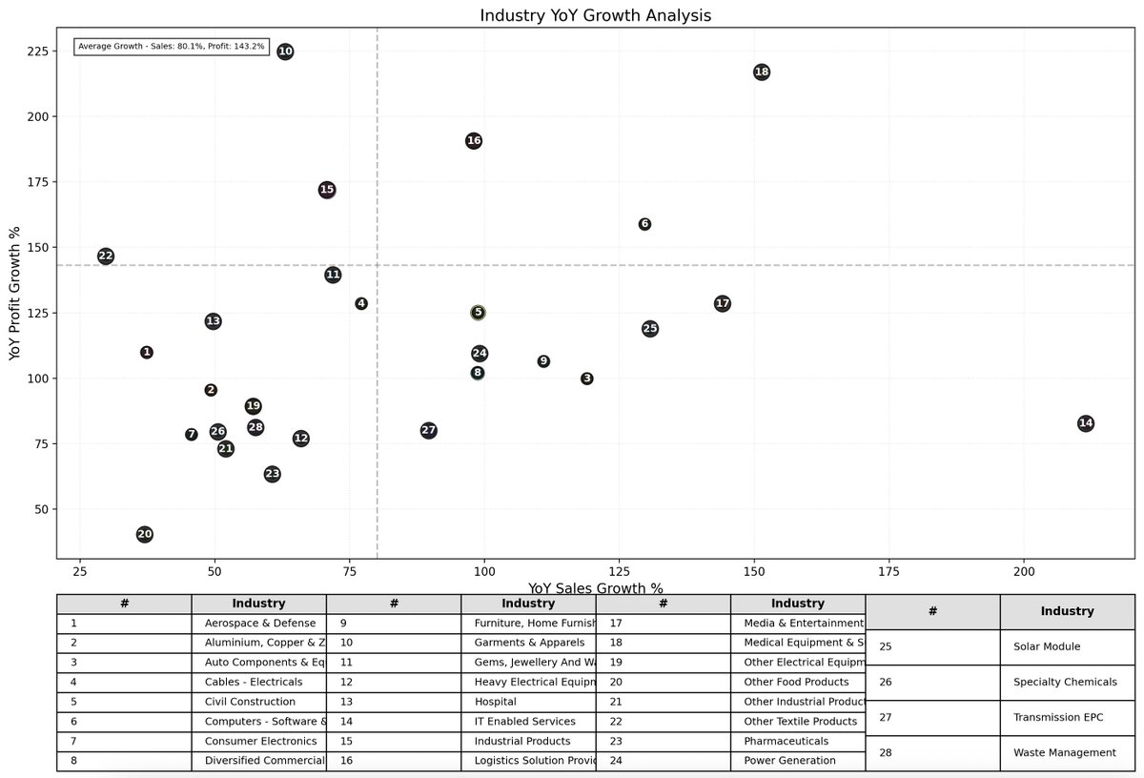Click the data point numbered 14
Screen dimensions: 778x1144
[x=1085, y=423]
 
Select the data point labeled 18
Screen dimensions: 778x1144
[x=761, y=72]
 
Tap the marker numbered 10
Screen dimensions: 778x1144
[x=285, y=51]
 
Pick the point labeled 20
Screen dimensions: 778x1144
[x=145, y=535]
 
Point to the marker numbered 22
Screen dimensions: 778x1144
[x=106, y=256]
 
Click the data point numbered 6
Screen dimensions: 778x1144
[x=644, y=224]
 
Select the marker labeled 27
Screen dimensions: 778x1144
[x=429, y=431]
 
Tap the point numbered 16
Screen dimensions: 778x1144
[x=474, y=141]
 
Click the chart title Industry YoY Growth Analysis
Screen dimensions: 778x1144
[x=595, y=15]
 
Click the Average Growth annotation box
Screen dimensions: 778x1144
[x=172, y=46]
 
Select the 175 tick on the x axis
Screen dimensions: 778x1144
[x=889, y=575]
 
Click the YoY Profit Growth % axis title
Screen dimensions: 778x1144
[x=14, y=294]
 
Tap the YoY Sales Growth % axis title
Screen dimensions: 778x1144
[x=595, y=588]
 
